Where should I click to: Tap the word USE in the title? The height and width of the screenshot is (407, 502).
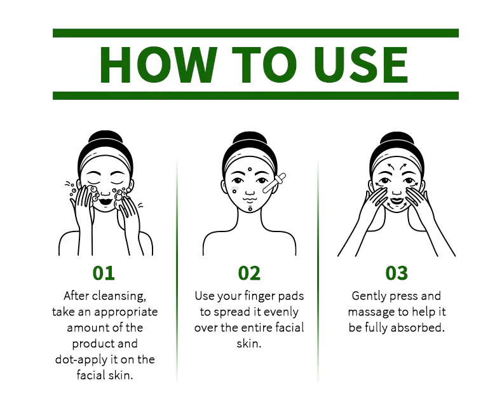click(361, 64)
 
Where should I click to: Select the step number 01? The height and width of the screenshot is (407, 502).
click(104, 273)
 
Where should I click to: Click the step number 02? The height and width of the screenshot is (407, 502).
click(249, 273)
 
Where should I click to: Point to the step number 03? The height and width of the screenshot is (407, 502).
click(397, 273)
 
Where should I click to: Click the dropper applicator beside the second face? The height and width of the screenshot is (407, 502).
click(274, 183)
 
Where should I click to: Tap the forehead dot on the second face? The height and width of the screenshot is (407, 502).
click(250, 169)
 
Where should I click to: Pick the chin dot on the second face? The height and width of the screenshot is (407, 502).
click(250, 209)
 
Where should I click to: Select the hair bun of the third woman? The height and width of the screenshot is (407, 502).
click(397, 139)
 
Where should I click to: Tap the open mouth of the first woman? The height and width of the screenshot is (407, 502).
click(105, 202)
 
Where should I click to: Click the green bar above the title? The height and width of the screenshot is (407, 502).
click(255, 33)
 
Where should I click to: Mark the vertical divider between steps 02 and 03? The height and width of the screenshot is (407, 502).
click(318, 271)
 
